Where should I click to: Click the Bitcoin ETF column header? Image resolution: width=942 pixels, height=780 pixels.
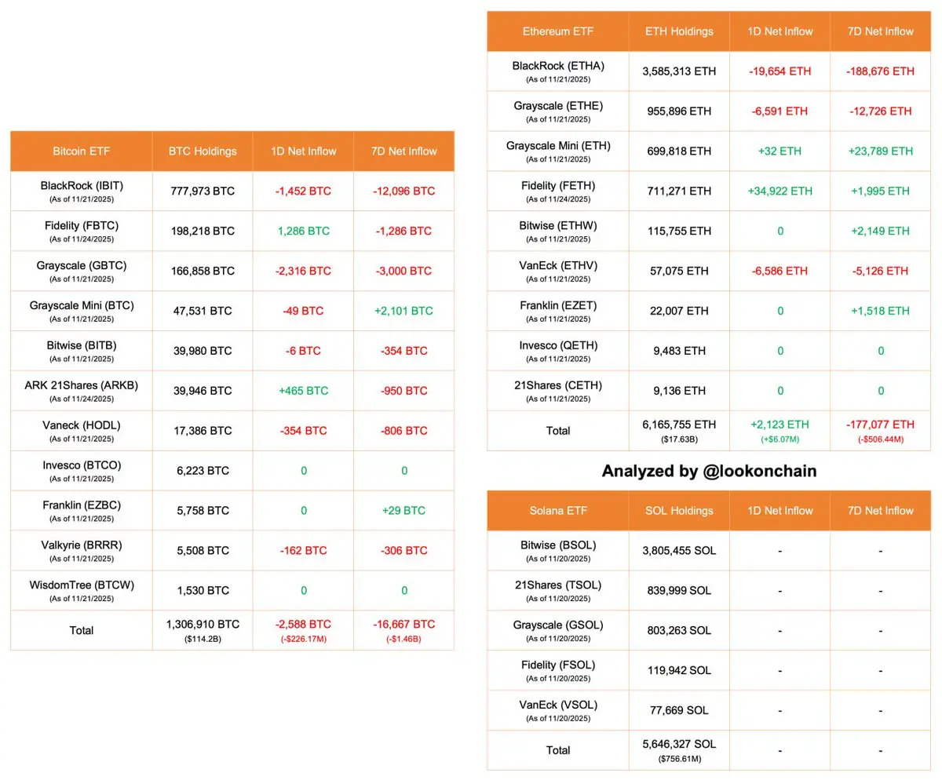click(81, 151)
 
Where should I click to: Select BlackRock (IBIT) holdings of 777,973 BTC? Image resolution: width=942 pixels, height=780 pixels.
click(203, 191)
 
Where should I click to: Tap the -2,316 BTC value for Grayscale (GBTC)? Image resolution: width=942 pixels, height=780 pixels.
click(303, 271)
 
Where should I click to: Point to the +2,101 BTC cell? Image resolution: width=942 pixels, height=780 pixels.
click(403, 311)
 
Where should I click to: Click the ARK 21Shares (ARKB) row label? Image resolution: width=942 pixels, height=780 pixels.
click(82, 385)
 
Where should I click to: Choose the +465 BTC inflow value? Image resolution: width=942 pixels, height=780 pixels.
click(303, 391)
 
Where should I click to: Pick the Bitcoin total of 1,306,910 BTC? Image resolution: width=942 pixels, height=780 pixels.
click(203, 625)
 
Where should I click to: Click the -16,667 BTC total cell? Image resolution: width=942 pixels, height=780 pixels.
click(403, 625)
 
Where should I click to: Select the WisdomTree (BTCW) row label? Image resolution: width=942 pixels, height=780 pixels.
click(82, 585)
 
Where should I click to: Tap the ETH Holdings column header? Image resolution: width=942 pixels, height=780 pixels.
click(679, 31)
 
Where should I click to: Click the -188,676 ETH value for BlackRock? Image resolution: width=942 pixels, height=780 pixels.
click(880, 71)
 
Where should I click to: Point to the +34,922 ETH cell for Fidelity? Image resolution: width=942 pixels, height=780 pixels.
click(780, 191)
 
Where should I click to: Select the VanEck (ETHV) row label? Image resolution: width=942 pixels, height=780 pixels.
click(557, 266)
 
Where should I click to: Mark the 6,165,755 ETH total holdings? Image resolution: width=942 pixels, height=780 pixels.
click(679, 425)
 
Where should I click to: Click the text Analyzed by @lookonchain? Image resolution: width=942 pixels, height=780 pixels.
click(709, 471)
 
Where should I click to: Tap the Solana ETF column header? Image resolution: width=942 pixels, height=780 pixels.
click(557, 510)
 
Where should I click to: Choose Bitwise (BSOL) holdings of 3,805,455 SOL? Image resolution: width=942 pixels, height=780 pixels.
click(679, 551)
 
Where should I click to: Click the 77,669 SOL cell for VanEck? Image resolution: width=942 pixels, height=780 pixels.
click(679, 710)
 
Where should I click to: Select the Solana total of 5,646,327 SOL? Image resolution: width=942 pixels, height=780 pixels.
click(679, 744)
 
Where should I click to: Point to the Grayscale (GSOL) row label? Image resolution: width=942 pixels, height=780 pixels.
click(557, 625)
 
